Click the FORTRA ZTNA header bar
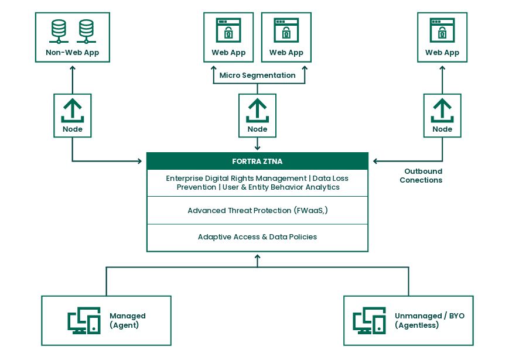click(257, 161)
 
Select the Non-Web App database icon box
click(73, 37)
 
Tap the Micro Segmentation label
click(257, 76)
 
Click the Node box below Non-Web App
click(73, 115)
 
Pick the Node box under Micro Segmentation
click(257, 115)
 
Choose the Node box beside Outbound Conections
click(442, 115)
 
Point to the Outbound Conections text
click(421, 176)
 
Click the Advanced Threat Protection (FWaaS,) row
click(257, 210)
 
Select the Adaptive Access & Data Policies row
click(257, 237)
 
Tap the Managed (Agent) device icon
click(84, 321)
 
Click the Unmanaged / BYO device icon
click(369, 321)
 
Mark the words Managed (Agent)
click(127, 320)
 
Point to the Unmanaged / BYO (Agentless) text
click(429, 320)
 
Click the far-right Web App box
click(442, 37)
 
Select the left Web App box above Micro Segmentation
click(228, 37)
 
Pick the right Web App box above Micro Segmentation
click(286, 37)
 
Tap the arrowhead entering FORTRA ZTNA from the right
click(375, 161)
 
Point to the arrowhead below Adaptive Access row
click(257, 256)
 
